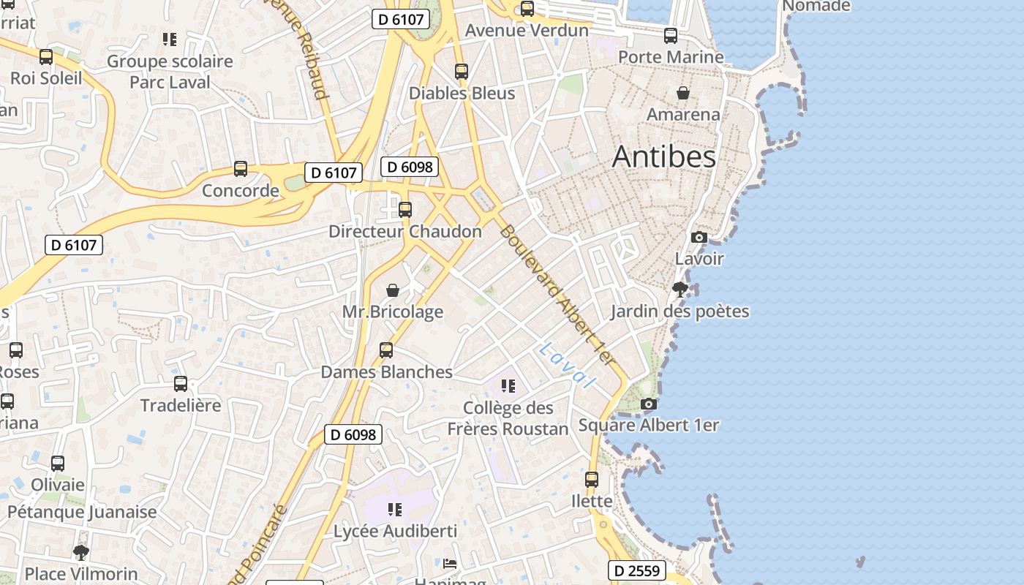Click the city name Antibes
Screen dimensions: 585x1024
663,156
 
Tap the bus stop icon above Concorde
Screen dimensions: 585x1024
241,169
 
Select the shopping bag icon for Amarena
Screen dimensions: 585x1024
682,93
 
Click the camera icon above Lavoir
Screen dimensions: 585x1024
699,237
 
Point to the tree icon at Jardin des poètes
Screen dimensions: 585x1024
679,290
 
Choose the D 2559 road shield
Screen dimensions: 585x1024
636,570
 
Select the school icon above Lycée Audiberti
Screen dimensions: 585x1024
395,509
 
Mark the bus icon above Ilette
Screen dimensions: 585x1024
592,480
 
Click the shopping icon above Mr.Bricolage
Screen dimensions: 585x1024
393,290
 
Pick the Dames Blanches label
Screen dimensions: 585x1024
386,371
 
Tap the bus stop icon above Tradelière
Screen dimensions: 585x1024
181,383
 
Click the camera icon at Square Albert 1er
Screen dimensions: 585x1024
648,404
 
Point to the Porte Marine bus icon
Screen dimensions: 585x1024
671,35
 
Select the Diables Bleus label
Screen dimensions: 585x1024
462,94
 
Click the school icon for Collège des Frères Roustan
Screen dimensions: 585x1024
508,385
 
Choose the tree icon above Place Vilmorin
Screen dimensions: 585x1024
81,552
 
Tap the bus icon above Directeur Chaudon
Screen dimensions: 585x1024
405,210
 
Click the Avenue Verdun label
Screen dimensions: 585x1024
527,30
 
